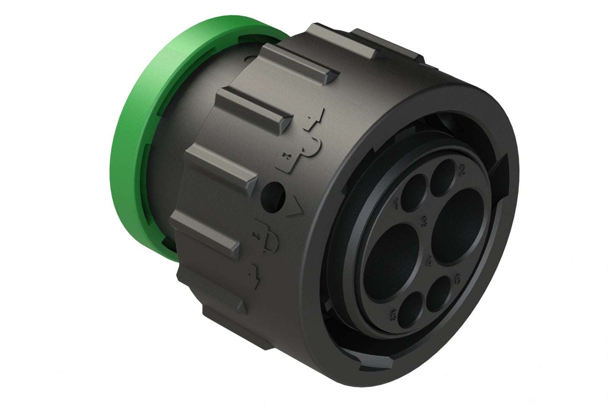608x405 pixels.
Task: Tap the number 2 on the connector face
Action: pyautogui.click(x=462, y=170)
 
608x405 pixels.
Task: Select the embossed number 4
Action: pyautogui.click(x=430, y=262)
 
